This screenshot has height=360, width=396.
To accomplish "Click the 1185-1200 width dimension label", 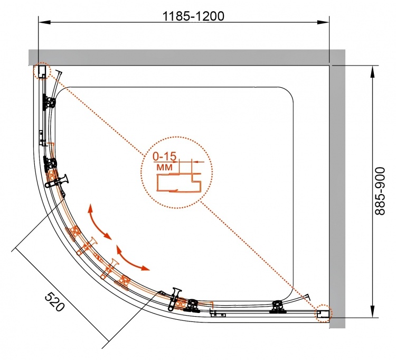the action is pos(193,16).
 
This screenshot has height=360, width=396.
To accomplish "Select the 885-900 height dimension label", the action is pos(380,191).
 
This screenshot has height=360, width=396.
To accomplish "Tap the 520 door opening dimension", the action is pos(54,302).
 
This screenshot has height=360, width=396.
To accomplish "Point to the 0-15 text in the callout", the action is pos(164,157).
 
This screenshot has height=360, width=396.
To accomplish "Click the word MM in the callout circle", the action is pos(165,167).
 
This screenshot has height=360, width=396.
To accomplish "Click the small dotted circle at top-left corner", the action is pos(42,71).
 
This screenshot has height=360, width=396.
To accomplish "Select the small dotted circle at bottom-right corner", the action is pos(324,313).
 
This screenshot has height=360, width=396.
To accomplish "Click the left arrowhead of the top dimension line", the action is pos(45,23).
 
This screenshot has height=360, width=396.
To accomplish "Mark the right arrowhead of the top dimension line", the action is pos(323,23).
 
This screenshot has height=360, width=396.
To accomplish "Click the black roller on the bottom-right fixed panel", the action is pos(278,307).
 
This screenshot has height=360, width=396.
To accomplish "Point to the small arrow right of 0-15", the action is pos(198,162).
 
